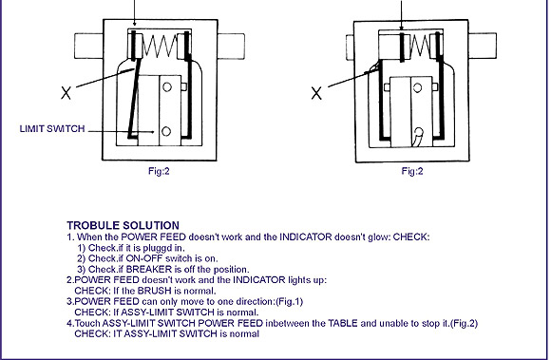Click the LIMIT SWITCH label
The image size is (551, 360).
point(52,128)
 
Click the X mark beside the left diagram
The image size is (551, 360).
point(66,93)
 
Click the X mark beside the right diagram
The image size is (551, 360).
point(316,93)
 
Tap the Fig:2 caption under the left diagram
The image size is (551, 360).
point(159,171)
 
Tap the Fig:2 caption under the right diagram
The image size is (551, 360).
point(412,171)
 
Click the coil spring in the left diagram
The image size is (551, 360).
point(160,46)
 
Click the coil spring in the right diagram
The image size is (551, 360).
point(420,46)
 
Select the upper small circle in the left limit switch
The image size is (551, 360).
point(167,86)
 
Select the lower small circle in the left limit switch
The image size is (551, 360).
point(166,131)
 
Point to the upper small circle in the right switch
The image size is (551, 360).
point(417,87)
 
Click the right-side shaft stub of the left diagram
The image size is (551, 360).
point(231,46)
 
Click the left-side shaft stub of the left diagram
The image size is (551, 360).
point(88,46)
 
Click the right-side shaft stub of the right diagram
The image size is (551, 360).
point(483,46)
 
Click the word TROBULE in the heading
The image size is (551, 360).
point(90,225)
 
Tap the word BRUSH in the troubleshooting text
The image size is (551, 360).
point(154,291)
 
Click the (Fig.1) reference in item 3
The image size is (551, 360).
point(290,302)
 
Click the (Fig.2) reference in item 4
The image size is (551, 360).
point(464,323)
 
